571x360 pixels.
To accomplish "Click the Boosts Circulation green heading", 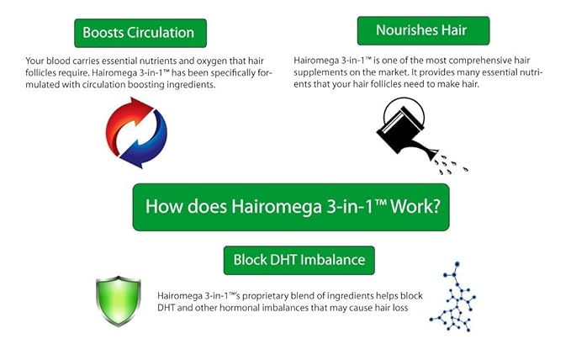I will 139,33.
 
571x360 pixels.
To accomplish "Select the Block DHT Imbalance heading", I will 299,260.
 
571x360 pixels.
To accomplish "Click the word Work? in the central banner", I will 409,207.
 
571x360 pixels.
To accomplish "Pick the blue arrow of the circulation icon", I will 150,143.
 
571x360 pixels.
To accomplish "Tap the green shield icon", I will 118,300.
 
